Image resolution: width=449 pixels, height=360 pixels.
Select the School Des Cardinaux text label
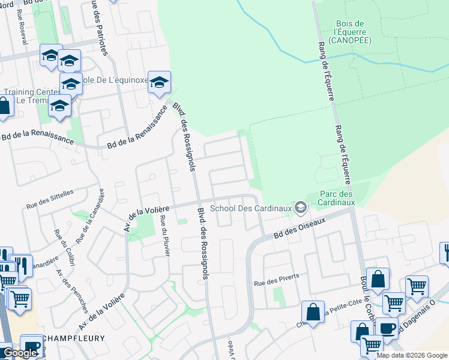pos(250,208)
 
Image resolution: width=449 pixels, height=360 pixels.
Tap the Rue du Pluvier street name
pos(164,235)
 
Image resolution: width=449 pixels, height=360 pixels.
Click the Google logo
pos(20,353)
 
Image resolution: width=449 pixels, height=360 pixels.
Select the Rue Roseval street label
pos(23,28)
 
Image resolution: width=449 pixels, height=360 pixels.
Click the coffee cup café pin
pos(387,328)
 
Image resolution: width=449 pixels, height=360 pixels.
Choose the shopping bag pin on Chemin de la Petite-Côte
pos(313,311)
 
